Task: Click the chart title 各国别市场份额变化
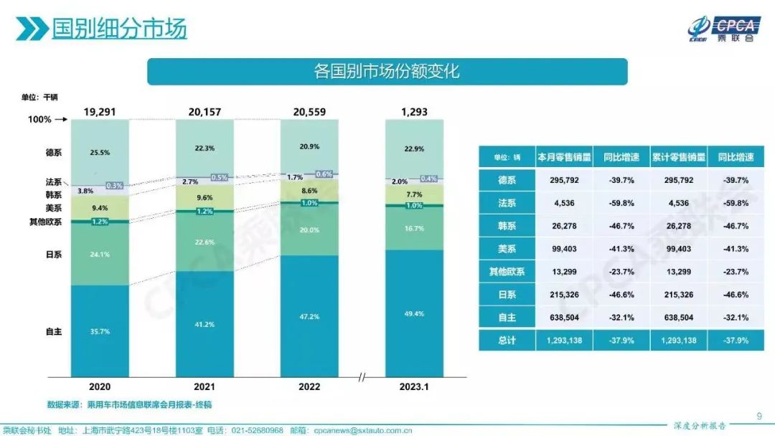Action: (x=387, y=72)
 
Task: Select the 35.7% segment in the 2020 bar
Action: (x=100, y=331)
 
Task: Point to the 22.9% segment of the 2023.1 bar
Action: (x=414, y=148)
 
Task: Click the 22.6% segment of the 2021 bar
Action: (x=205, y=242)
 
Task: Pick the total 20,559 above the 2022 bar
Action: (x=309, y=111)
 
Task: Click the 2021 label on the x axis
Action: (x=205, y=387)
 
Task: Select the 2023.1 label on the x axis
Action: (x=414, y=387)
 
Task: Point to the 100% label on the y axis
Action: (x=39, y=120)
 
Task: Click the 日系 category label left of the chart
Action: (x=53, y=253)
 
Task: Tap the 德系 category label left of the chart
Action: (x=53, y=152)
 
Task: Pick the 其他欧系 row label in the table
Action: (x=507, y=272)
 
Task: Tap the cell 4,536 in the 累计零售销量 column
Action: (x=678, y=203)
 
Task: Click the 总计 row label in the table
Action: (x=507, y=341)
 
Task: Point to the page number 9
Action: (x=760, y=414)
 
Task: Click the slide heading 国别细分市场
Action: (x=119, y=29)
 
